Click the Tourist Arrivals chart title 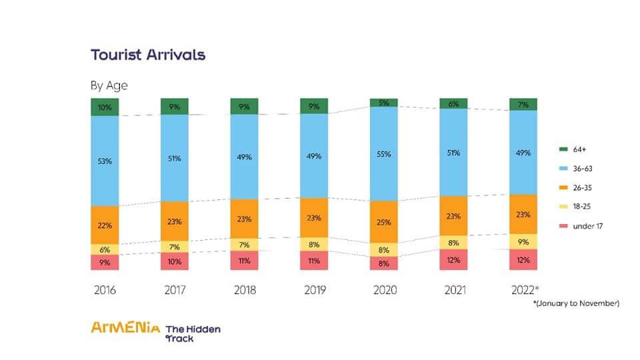point(147,55)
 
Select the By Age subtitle point(109,85)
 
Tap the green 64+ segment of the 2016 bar point(104,107)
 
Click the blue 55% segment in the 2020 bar point(384,153)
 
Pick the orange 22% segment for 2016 point(104,225)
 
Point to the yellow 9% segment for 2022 point(523,241)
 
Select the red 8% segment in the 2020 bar point(384,263)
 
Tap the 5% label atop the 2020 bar point(384,103)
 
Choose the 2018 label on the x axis point(244,290)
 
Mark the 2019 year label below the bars point(314,290)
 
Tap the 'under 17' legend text point(587,226)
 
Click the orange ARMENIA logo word point(125,327)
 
